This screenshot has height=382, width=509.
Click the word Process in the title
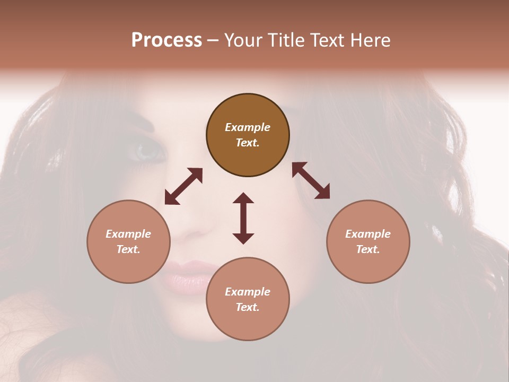166,40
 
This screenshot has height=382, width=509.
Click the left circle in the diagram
128,241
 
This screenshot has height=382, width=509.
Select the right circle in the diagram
368,241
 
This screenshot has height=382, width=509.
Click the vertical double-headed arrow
243,218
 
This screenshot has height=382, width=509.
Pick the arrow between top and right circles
311,180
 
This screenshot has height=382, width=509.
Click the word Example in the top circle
248,127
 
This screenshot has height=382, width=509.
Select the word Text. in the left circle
128,249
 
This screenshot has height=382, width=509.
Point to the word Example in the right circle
368,234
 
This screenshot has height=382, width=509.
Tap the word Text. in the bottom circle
248,307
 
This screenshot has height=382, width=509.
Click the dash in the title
213,40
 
